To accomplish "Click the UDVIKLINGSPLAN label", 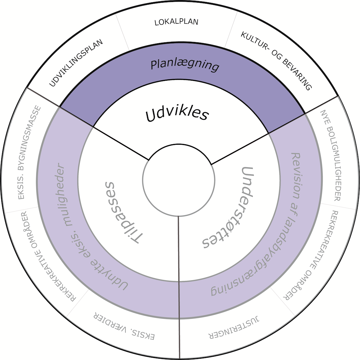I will coord(76,63).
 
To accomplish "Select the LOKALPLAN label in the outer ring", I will coord(176,22).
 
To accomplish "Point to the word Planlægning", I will coord(185,64).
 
